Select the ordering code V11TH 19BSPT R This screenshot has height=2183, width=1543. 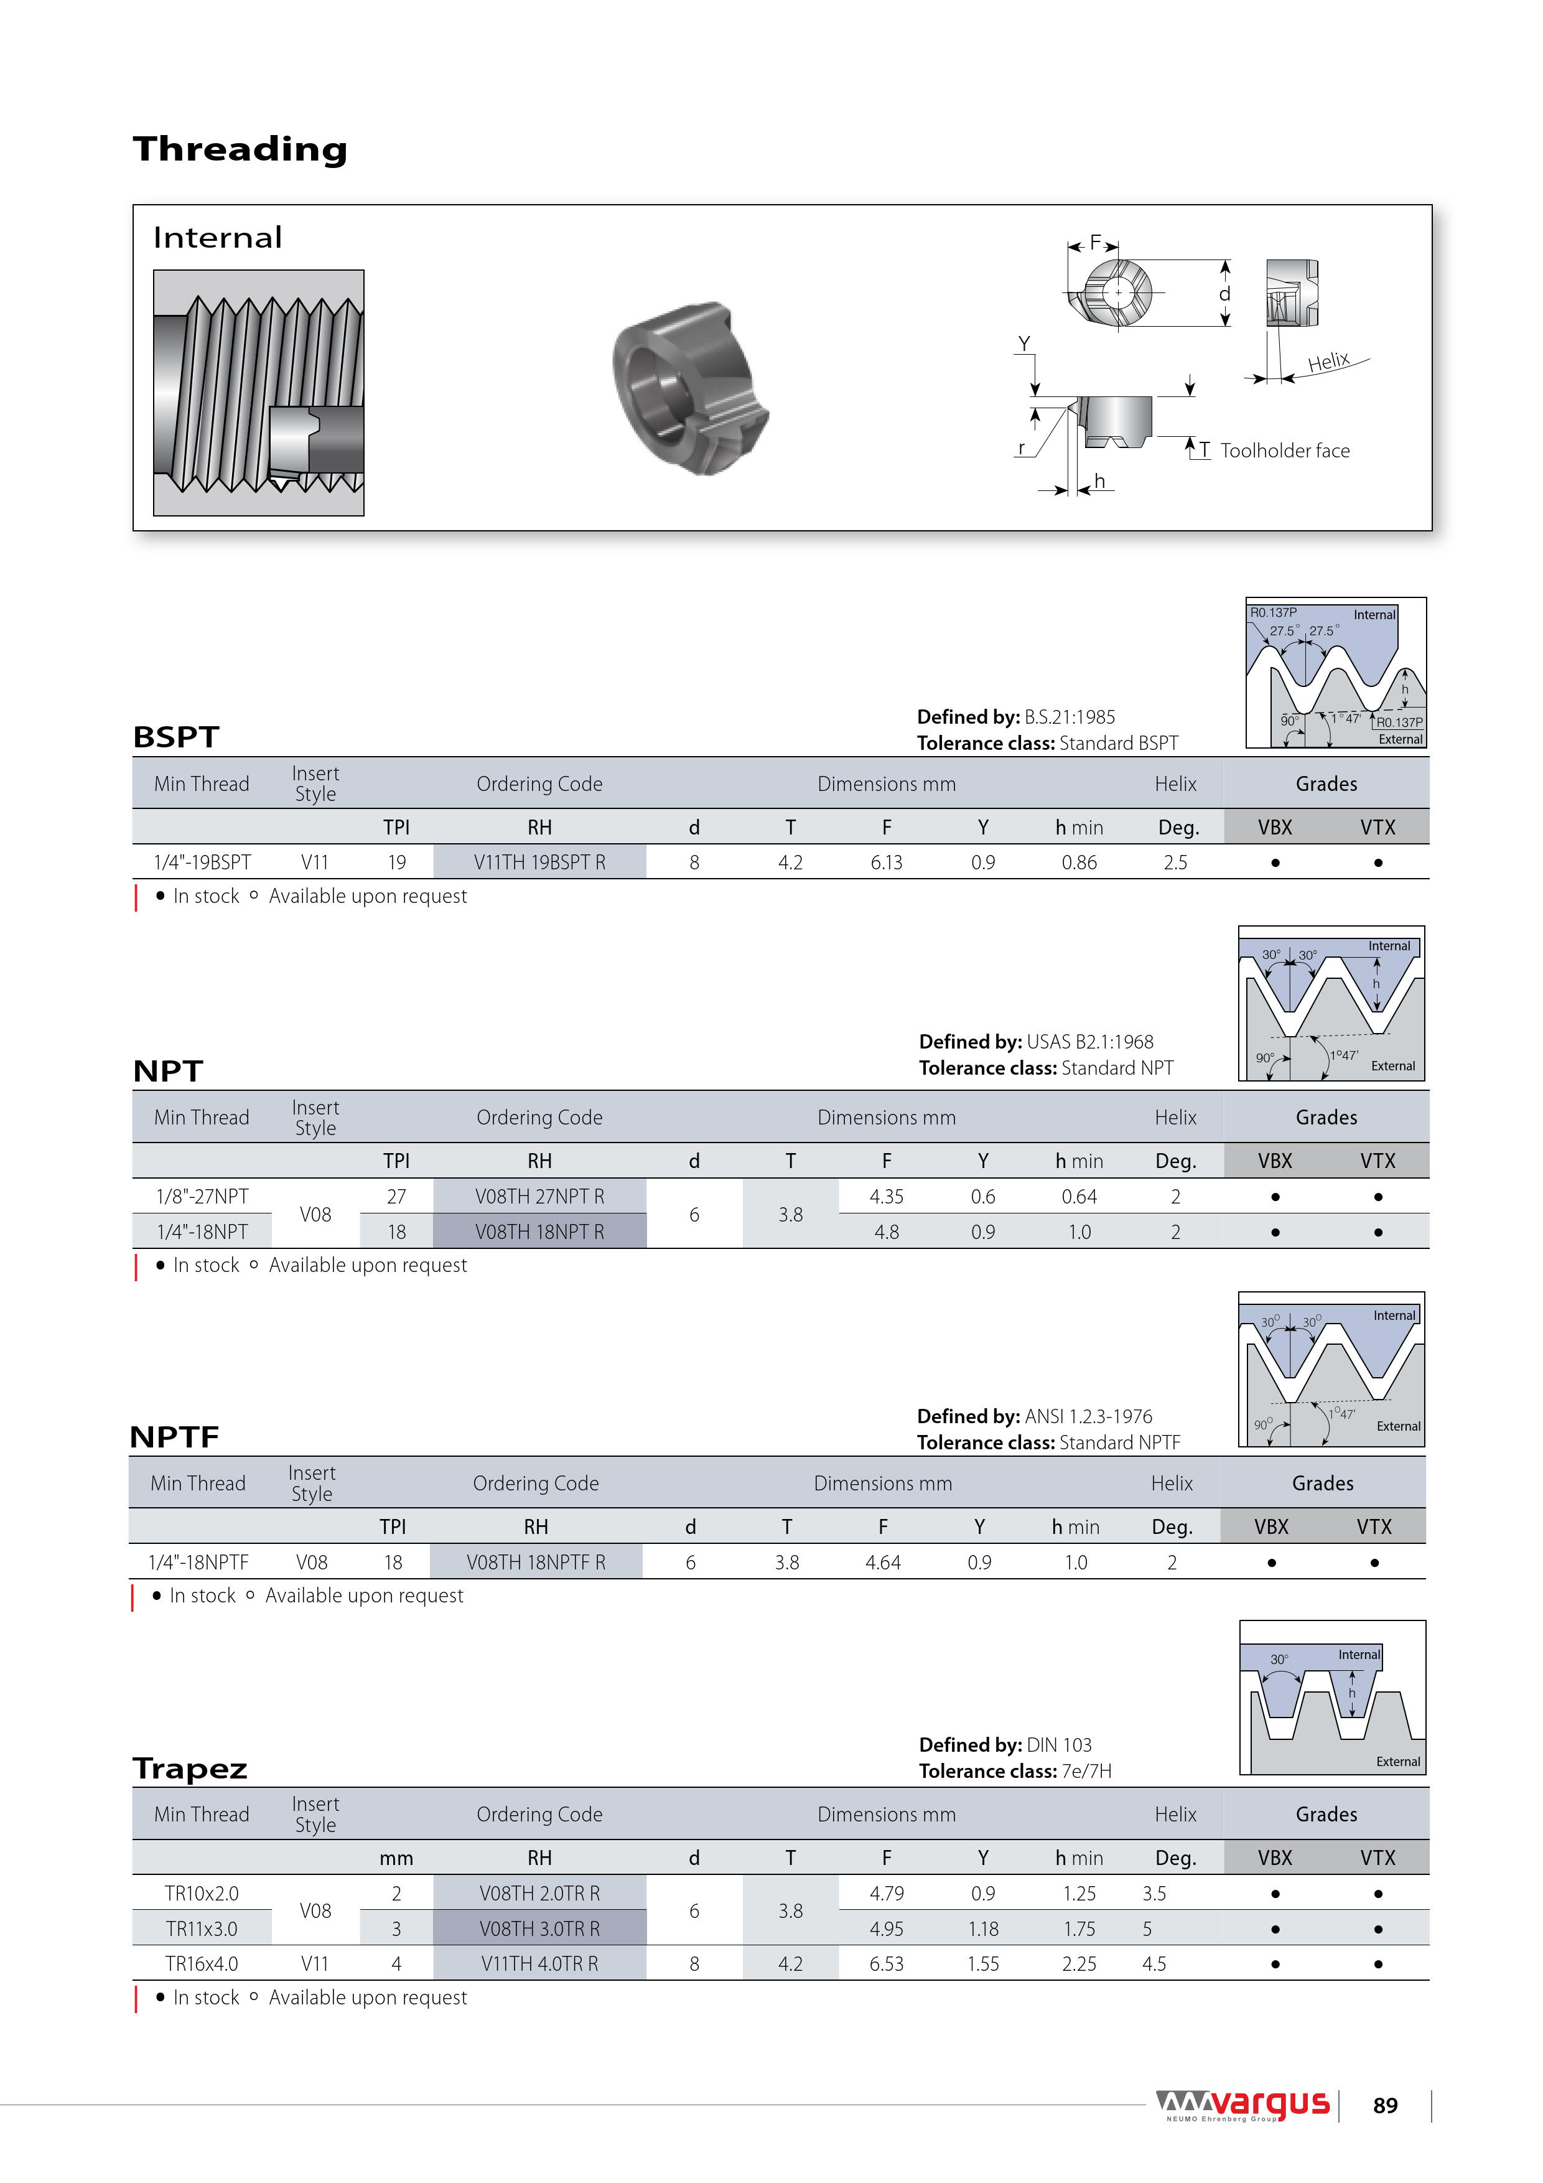[x=539, y=862]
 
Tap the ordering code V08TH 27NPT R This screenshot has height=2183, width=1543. [x=539, y=1196]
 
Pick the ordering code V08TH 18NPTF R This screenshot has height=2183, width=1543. [x=535, y=1562]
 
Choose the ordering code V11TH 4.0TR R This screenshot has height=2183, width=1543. [x=539, y=1963]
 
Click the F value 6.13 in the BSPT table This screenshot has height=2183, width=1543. [x=886, y=862]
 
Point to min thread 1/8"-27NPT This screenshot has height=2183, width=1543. [x=202, y=1196]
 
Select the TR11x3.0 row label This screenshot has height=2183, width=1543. [x=202, y=1928]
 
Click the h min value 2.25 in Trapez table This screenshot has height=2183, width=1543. [x=1079, y=1963]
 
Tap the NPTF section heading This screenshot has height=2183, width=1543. [x=175, y=1437]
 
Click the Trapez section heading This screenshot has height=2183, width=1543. [x=190, y=1769]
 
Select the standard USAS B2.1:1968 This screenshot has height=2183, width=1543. [x=1089, y=1042]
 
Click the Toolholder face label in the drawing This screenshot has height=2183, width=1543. [x=1284, y=451]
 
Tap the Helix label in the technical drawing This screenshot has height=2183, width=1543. [x=1328, y=362]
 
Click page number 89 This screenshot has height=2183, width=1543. [x=1385, y=2106]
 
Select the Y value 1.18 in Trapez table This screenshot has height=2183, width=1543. [x=983, y=1928]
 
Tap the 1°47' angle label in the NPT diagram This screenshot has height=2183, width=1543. [x=1345, y=1054]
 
